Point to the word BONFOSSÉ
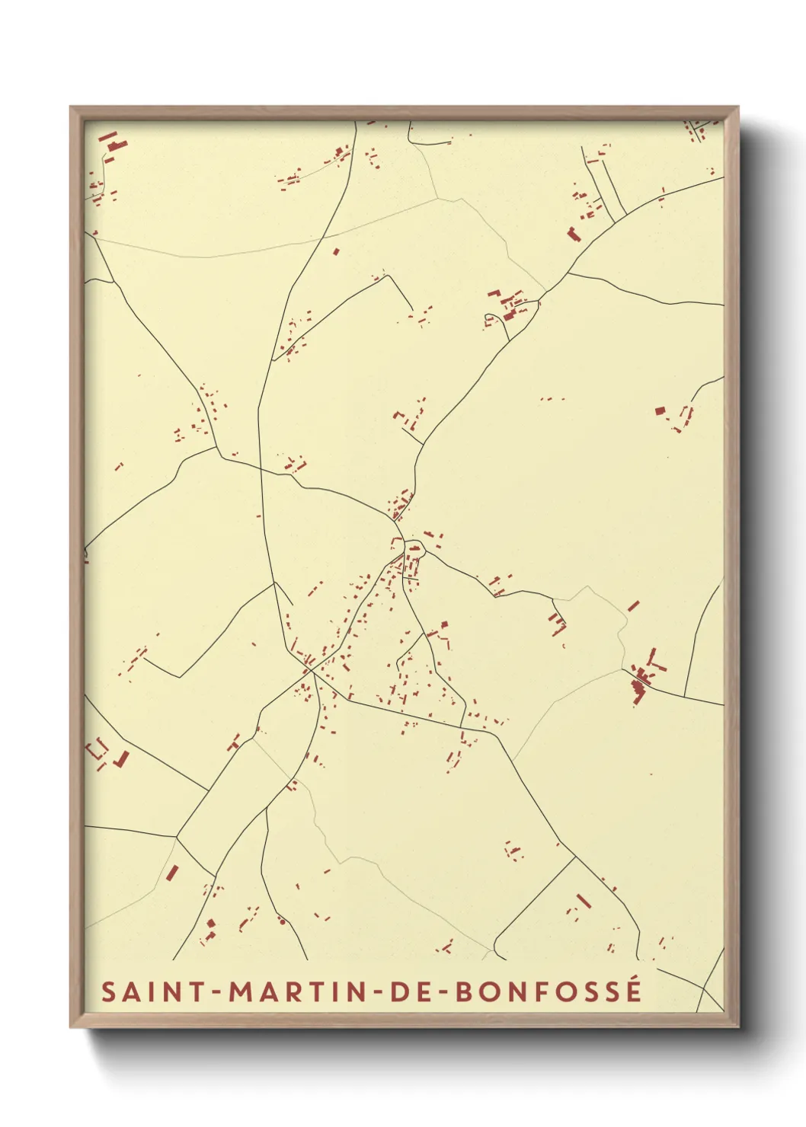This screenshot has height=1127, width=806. tap(549, 991)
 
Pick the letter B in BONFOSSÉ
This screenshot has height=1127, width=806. tap(464, 991)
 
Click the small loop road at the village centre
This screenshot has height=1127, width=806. tap(414, 546)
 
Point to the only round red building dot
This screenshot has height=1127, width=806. tap(283, 921)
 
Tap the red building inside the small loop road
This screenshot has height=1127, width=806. tap(414, 548)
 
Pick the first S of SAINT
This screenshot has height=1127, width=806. tap(109, 991)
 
